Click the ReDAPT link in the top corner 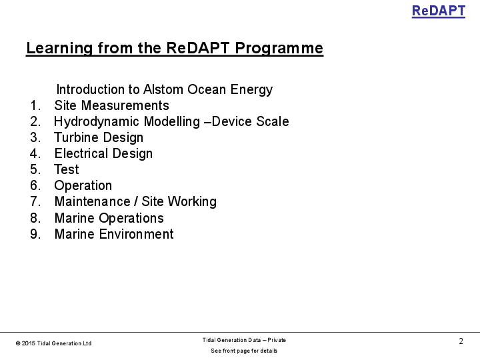coord(438,11)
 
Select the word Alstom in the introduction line coord(165,90)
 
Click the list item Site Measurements coord(111,106)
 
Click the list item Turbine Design coord(99,138)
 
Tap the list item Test coord(67,170)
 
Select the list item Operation coord(83,186)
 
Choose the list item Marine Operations coord(109,218)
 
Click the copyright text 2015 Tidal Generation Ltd coord(56,343)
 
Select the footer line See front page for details coord(244,351)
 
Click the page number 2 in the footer coord(461,341)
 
